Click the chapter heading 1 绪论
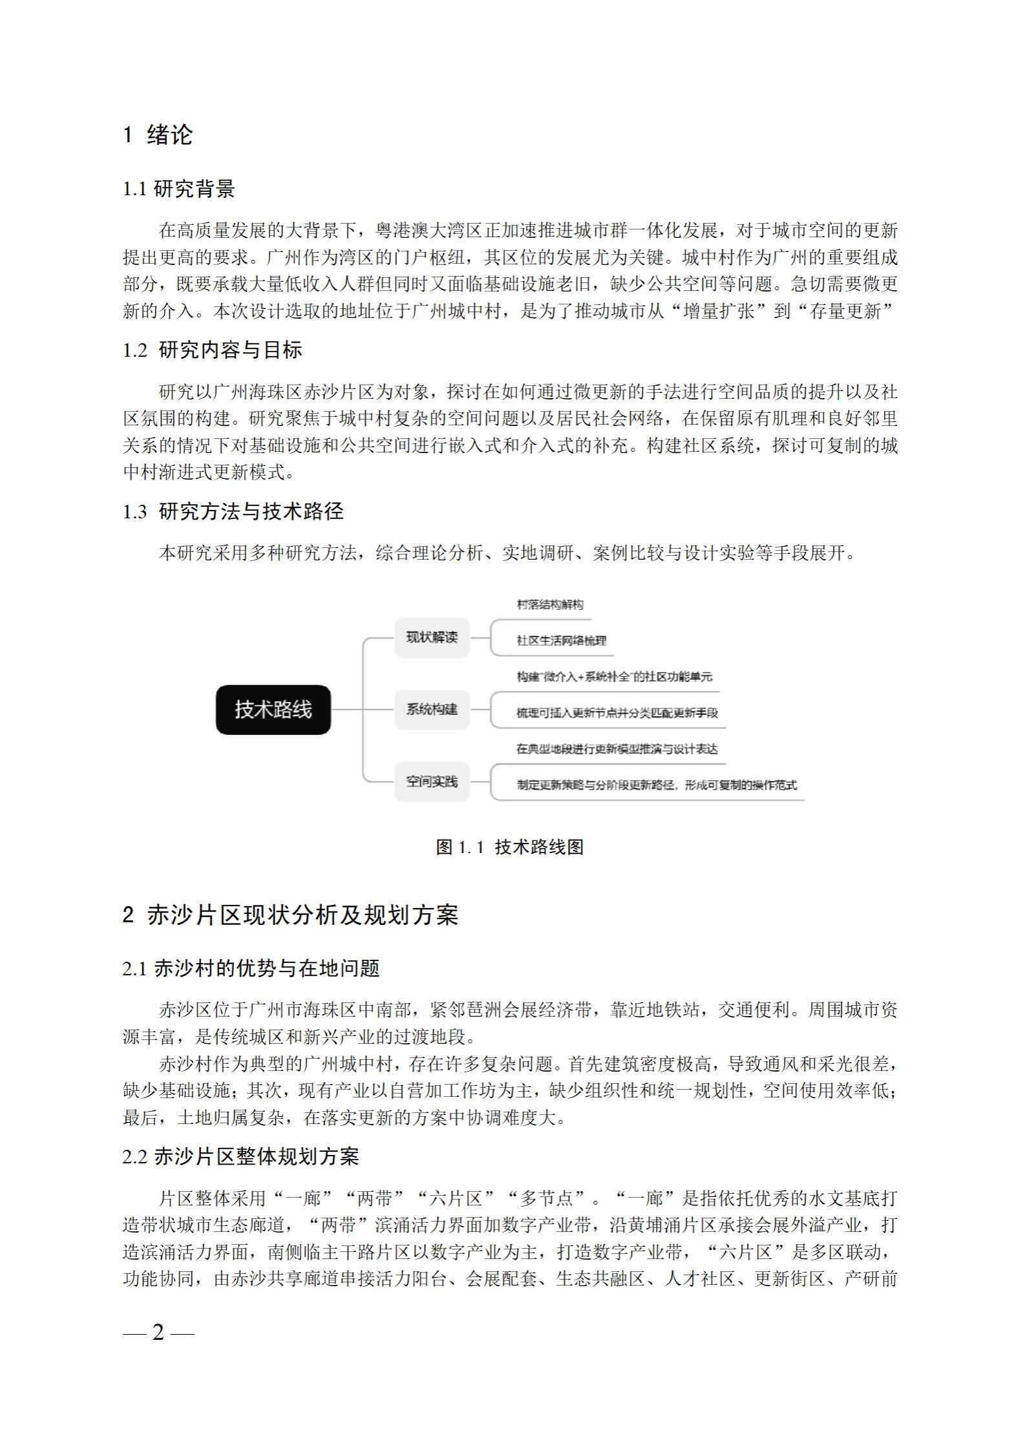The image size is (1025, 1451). pyautogui.click(x=158, y=135)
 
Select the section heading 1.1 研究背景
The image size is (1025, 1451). pyautogui.click(x=179, y=189)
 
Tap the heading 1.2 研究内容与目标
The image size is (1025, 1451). pyautogui.click(x=213, y=350)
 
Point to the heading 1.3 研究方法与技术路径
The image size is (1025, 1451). pyautogui.click(x=233, y=512)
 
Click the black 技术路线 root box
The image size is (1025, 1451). pyautogui.click(x=273, y=710)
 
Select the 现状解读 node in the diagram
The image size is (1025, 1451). pyautogui.click(x=432, y=637)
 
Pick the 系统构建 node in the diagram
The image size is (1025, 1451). pyautogui.click(x=432, y=709)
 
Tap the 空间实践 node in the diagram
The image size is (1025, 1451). pyautogui.click(x=432, y=781)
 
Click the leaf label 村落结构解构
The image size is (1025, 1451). pyautogui.click(x=550, y=605)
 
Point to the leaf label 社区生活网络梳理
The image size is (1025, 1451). pyautogui.click(x=561, y=641)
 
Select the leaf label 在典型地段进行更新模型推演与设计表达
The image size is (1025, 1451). pyautogui.click(x=617, y=749)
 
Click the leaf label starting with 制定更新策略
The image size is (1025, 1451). pyautogui.click(x=657, y=785)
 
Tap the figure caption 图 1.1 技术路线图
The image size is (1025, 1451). pyautogui.click(x=510, y=847)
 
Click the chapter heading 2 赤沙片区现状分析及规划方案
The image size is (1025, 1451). pyautogui.click(x=290, y=915)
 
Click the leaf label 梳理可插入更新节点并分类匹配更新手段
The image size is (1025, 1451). pyautogui.click(x=617, y=713)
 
